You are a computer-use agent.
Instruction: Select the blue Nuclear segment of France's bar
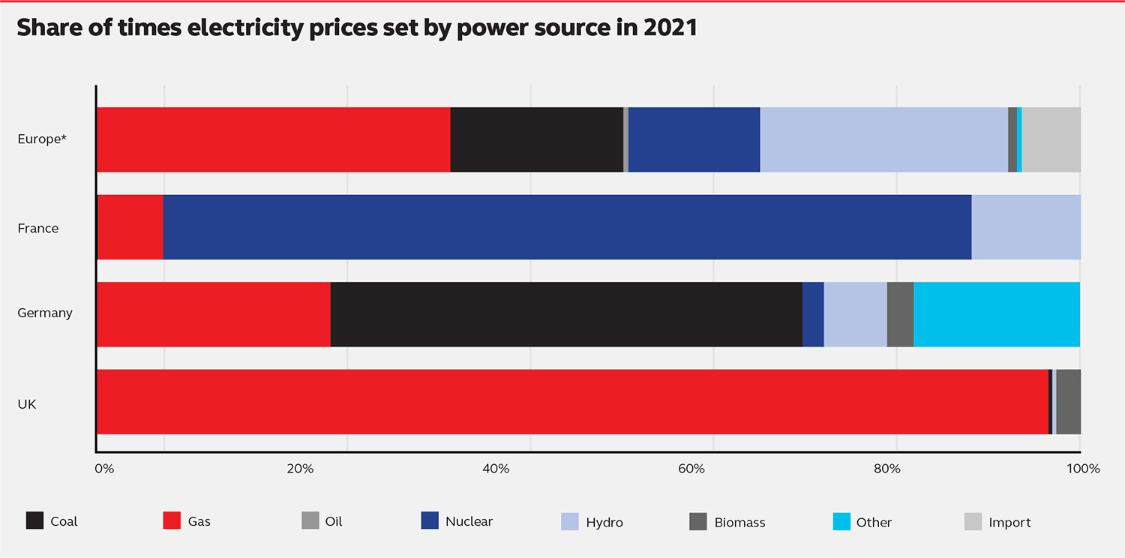(567, 227)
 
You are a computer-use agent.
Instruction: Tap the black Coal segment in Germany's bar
(566, 314)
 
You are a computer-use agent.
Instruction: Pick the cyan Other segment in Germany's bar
(997, 314)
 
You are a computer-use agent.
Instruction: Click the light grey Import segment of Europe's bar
(1051, 139)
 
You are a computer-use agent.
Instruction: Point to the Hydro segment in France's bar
(1026, 227)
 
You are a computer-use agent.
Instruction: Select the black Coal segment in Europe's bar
(537, 139)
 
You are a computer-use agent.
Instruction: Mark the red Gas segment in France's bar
(130, 227)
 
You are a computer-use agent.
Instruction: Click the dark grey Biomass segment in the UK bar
(1068, 402)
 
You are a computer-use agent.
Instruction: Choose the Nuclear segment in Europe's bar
(694, 139)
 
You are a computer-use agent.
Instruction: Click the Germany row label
(45, 313)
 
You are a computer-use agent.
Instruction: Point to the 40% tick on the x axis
(496, 469)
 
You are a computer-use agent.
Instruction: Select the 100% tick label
(1083, 469)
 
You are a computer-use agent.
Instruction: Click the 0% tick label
(104, 469)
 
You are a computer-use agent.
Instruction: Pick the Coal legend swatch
(35, 521)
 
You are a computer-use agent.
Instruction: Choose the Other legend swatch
(842, 521)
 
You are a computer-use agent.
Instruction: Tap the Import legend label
(1009, 522)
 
